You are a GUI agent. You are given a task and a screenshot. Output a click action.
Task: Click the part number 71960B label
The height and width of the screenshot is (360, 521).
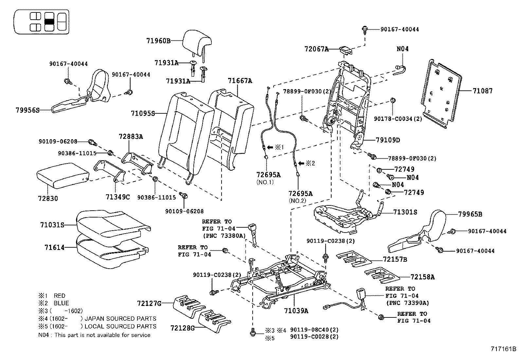(158, 41)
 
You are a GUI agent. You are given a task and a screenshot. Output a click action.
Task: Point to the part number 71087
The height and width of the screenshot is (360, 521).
(482, 91)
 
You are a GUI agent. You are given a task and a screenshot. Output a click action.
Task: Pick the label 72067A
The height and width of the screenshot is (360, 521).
(316, 49)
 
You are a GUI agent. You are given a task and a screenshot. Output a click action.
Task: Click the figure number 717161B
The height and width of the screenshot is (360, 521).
(503, 349)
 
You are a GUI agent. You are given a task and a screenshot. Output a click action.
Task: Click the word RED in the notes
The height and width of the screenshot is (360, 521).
(60, 295)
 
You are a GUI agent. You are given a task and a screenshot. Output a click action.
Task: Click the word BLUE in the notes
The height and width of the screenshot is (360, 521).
(61, 303)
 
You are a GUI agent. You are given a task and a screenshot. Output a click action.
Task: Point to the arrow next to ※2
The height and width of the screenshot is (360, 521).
(301, 163)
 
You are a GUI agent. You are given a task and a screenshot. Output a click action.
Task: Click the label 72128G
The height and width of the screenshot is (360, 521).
(182, 327)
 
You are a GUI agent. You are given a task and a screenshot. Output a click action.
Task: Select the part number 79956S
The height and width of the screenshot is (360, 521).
(27, 110)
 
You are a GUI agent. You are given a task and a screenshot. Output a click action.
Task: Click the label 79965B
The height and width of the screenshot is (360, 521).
(470, 214)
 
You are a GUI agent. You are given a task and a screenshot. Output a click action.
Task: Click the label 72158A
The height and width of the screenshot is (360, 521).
(422, 277)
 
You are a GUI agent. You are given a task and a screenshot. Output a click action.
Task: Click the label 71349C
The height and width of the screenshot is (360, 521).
(117, 197)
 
